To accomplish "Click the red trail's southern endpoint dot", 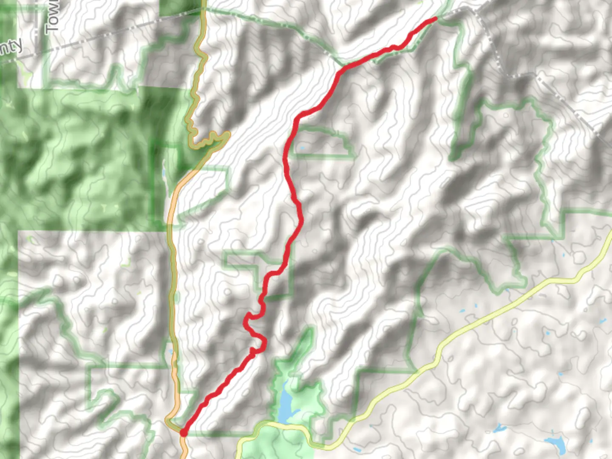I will click(183, 433).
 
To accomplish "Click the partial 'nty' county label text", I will click(10, 48).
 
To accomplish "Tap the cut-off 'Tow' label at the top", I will click(52, 17).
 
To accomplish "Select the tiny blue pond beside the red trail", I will click(302, 148).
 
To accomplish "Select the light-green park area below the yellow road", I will click(276, 444).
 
